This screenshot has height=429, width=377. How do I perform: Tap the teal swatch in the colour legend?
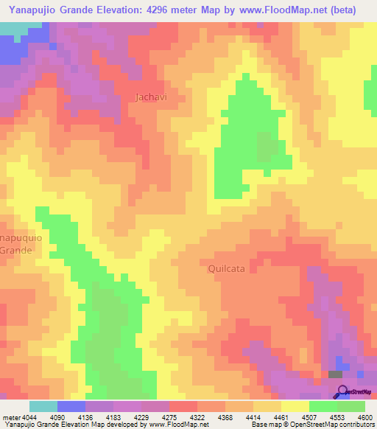click(43, 406)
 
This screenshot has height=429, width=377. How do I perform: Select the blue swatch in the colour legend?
click(71, 406)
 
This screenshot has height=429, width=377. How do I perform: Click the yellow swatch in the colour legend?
click(295, 406)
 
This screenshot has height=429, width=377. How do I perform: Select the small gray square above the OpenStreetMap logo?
click(335, 374)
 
